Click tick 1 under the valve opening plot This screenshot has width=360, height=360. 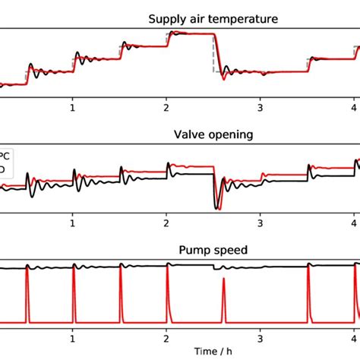73,225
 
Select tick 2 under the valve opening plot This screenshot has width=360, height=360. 167,225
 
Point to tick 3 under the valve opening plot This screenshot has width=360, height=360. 261,225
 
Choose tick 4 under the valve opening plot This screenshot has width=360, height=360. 354,225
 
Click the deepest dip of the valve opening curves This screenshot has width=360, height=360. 218,206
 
